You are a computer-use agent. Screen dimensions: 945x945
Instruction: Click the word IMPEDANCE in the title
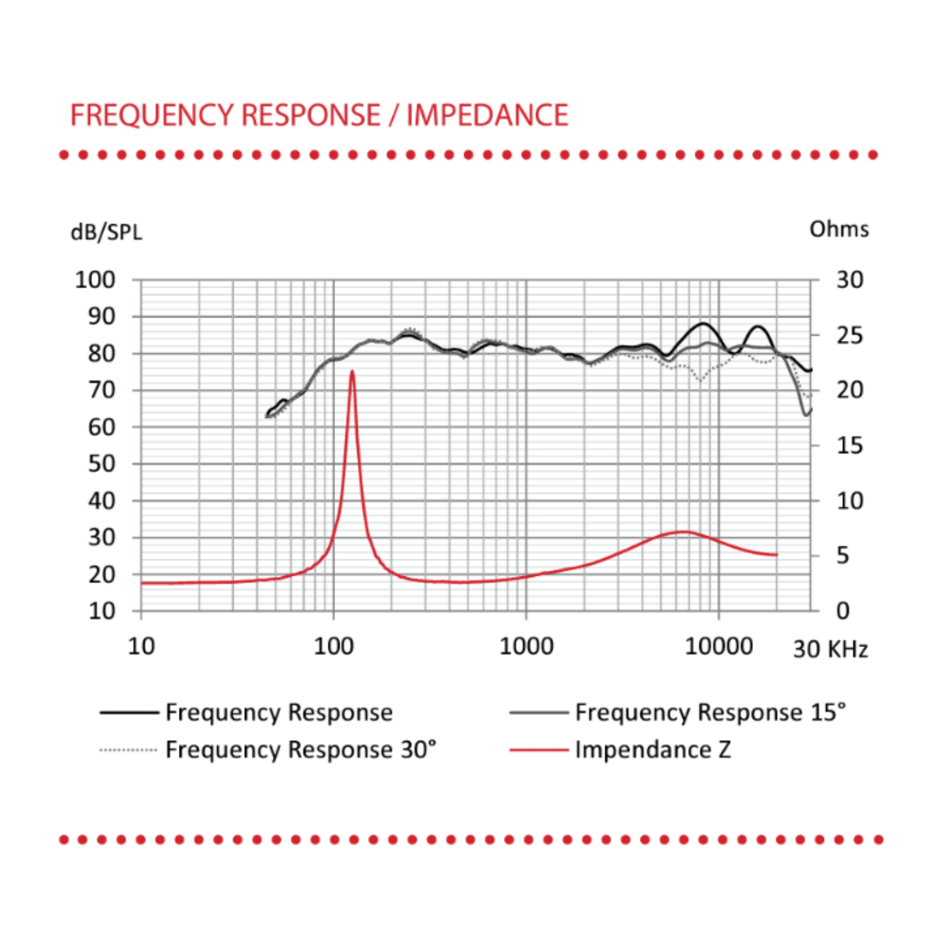487,115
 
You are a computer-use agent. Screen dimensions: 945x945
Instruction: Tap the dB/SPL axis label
106,232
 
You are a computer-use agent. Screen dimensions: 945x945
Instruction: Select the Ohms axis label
839,229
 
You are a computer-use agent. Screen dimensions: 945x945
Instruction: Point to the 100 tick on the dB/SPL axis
95,280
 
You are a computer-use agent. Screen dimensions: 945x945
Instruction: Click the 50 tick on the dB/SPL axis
101,464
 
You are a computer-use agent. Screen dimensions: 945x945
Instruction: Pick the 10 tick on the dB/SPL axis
101,610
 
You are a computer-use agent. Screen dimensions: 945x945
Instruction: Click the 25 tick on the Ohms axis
849,335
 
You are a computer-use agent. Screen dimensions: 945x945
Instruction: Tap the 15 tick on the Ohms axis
849,445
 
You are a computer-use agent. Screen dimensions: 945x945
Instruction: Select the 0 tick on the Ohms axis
843,610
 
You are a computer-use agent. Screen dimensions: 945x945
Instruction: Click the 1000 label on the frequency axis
526,646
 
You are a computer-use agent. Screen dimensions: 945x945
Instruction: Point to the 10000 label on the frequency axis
718,646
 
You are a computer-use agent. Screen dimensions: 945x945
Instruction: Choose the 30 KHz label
830,649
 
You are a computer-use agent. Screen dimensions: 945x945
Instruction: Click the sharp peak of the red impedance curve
352,372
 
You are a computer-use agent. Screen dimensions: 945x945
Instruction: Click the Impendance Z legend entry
653,750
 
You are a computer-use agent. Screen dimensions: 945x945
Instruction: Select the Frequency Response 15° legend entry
710,713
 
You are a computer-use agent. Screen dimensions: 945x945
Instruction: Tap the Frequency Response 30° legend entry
301,750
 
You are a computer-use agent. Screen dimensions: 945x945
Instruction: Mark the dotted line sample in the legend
129,750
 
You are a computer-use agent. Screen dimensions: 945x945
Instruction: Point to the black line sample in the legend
129,713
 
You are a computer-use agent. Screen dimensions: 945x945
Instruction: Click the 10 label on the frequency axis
141,646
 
